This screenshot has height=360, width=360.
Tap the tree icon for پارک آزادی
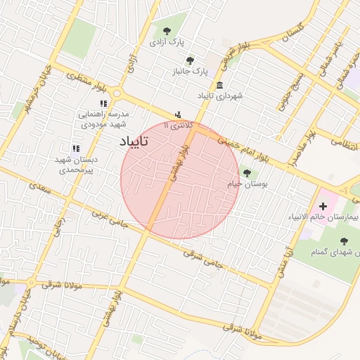(167, 31)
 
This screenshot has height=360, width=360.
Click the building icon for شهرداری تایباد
(221, 85)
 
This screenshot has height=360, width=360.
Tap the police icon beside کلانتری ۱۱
(178, 115)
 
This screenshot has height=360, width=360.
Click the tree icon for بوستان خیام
(245, 173)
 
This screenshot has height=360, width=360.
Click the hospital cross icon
(323, 206)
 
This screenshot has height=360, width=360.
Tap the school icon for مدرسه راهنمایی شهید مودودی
(103, 103)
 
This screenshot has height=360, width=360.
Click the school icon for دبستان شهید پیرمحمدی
(76, 148)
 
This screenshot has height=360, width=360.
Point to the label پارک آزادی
(166, 42)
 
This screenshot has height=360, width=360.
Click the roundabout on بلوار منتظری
(117, 94)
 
